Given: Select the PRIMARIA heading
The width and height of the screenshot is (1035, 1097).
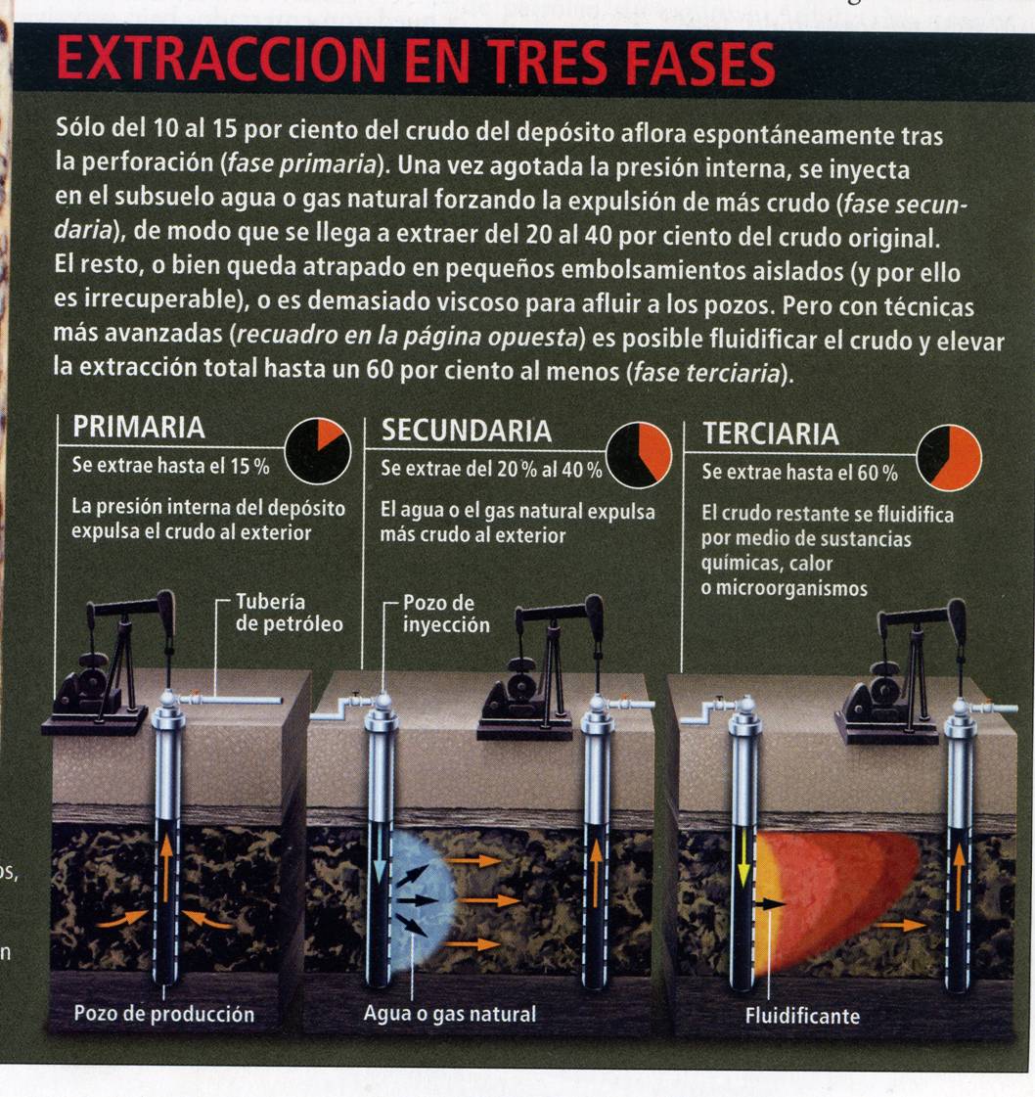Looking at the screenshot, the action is click(x=139, y=427).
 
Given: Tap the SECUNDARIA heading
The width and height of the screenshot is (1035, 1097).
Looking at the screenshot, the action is click(x=466, y=431).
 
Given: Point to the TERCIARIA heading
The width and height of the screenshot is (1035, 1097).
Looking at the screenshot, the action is click(x=771, y=434).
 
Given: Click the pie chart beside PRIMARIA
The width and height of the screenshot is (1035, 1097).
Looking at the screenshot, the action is click(x=318, y=451).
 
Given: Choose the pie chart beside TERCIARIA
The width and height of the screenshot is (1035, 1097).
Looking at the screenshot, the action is click(x=949, y=458).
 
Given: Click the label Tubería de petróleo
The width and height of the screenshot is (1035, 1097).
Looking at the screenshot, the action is click(x=289, y=613).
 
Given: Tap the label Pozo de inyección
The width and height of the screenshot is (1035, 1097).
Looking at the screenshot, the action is click(x=446, y=615).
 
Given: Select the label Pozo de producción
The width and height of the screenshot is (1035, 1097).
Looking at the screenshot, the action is click(x=163, y=1014).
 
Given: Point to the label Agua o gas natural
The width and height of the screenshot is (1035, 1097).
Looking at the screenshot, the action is click(x=450, y=1014).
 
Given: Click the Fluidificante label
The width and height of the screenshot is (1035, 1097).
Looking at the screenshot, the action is click(x=802, y=1016).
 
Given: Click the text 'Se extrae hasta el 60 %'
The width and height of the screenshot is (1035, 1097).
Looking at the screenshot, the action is click(x=799, y=473).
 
